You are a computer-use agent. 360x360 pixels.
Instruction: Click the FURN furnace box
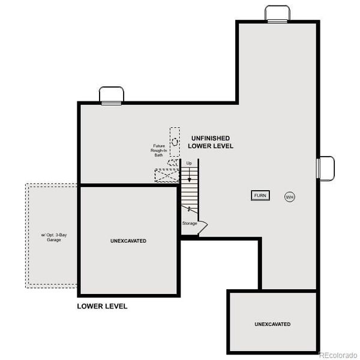[260, 196]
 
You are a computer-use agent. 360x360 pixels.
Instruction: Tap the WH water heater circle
[290, 197]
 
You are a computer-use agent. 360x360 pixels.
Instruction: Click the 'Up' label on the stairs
[189, 163]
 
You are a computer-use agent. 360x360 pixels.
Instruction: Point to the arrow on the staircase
[189, 175]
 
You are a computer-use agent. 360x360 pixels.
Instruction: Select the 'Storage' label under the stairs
[190, 224]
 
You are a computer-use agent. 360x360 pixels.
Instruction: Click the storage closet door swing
[202, 226]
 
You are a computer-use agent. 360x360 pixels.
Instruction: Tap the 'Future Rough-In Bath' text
[158, 150]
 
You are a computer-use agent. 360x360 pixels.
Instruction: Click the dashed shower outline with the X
[167, 176]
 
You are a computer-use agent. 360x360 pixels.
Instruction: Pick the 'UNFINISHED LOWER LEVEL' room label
[211, 142]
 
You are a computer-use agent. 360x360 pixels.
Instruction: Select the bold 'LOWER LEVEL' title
[102, 306]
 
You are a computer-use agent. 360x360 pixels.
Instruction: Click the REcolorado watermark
[338, 354]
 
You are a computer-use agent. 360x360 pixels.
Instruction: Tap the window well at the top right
[278, 14]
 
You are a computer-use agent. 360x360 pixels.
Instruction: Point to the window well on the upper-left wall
[112, 95]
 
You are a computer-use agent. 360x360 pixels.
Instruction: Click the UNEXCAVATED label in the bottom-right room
[272, 324]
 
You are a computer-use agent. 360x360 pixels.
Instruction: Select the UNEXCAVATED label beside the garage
[128, 241]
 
